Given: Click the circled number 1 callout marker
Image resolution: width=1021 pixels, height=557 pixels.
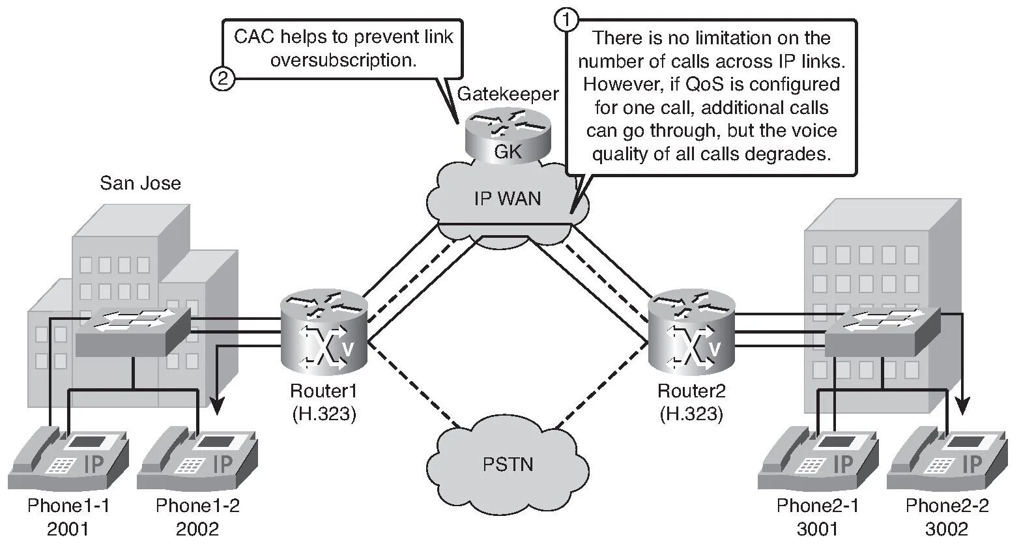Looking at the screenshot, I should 566,20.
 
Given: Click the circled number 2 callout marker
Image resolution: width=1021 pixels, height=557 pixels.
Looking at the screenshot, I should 222,79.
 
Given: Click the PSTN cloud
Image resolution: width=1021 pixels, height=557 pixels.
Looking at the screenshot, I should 508,464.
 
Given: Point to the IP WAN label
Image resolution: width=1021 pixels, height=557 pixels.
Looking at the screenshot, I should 508,198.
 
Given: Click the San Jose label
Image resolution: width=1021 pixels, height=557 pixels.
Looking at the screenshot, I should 140,183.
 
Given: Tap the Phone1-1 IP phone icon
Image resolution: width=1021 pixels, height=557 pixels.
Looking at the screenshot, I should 68,459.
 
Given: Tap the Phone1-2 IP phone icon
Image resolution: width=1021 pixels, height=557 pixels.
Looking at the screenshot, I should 197,459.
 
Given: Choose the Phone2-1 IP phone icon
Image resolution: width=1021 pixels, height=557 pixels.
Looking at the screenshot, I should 818,459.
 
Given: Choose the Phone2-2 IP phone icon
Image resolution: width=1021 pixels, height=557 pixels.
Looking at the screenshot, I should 947,459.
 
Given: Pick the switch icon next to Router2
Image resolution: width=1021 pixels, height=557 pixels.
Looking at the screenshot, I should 883,332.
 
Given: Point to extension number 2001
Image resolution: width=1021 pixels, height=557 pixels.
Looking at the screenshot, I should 68,528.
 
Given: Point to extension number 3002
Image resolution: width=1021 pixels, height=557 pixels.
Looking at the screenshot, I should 947,528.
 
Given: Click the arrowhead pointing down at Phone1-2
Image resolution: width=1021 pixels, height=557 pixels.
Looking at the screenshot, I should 218,406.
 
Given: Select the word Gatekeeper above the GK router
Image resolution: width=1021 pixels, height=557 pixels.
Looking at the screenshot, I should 508,94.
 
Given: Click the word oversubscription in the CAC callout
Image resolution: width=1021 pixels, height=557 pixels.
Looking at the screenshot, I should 343,60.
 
